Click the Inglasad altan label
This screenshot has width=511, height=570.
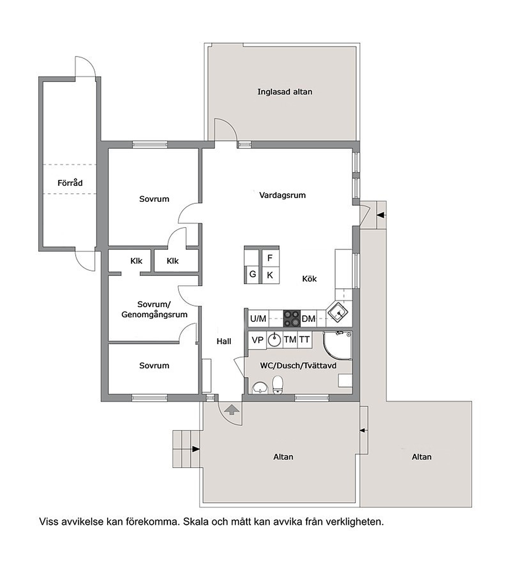coord(285,92)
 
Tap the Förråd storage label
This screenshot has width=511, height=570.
coord(70,183)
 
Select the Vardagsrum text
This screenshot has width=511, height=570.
coord(282,195)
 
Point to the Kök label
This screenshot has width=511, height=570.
coord(309,279)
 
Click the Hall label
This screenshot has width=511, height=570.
coord(224,341)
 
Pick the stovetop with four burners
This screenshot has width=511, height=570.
coord(292,318)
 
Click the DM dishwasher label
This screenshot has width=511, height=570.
coord(309,319)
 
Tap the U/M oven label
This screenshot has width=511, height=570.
coord(258,319)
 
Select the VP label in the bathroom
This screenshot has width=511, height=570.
coord(258,340)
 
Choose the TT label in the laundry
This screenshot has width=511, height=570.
coord(304,340)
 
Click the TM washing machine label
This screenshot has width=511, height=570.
coord(290,340)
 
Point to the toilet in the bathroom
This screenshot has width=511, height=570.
coord(278,385)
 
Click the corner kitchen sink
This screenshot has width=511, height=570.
coord(338,312)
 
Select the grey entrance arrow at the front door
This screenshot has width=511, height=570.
coord(232,410)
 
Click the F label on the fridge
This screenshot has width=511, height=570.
coord(270,258)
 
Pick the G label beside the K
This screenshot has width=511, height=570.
coord(252,274)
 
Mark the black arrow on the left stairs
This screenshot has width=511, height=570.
coord(196,450)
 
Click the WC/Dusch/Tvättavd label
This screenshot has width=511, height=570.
coord(298,366)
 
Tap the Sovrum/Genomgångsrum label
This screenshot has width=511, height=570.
coord(154,309)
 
